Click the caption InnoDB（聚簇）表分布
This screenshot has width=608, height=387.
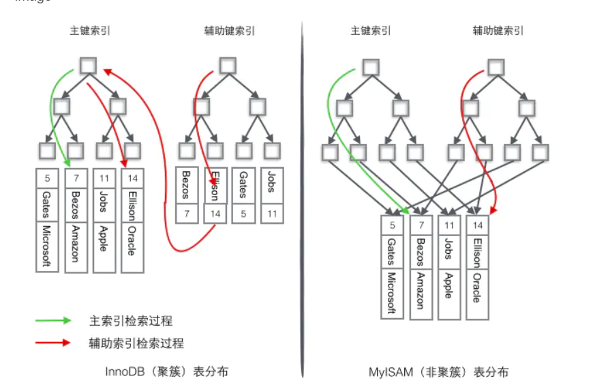166,372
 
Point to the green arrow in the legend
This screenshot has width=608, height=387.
54,319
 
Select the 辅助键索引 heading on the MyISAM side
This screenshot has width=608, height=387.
498,31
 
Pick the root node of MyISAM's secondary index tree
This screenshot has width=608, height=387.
496,66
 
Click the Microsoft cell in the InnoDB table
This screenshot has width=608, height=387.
47,246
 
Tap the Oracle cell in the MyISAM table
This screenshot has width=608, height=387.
477,287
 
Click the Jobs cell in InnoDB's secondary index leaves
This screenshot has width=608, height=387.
271,182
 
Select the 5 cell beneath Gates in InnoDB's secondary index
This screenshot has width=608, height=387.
242,213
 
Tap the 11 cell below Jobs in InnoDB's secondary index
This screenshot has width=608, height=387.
271,213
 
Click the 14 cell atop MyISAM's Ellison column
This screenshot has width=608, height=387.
477,224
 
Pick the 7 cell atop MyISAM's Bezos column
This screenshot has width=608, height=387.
420,224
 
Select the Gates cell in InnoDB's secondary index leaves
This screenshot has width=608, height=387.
242,183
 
